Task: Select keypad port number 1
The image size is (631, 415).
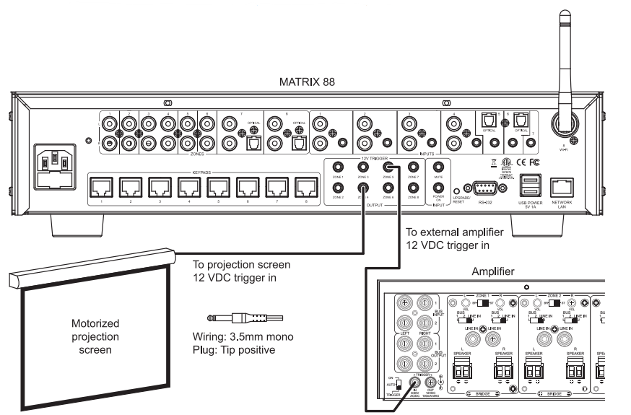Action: click(x=100, y=188)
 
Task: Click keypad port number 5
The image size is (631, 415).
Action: click(x=219, y=188)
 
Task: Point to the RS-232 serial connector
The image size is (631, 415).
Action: click(x=484, y=189)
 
